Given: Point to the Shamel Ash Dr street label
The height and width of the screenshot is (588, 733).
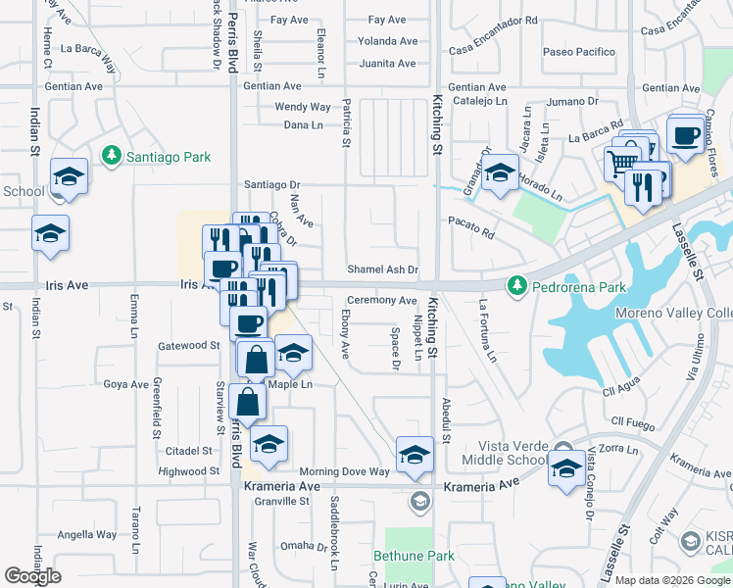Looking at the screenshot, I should [382, 269].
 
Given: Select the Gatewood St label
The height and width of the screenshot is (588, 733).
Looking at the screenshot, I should [189, 345].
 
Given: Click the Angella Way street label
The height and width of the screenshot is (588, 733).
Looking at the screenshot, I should [87, 535].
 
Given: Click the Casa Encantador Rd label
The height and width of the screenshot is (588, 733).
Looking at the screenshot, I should [493, 20].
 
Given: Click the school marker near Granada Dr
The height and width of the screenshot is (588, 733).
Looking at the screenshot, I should [500, 173].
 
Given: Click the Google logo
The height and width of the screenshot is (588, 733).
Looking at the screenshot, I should [32, 576].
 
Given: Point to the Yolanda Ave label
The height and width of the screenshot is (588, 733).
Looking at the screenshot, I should [387, 41].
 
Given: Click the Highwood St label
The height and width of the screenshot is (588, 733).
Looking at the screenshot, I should [188, 471].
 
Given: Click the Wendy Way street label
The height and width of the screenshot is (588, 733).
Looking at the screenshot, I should [303, 107].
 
